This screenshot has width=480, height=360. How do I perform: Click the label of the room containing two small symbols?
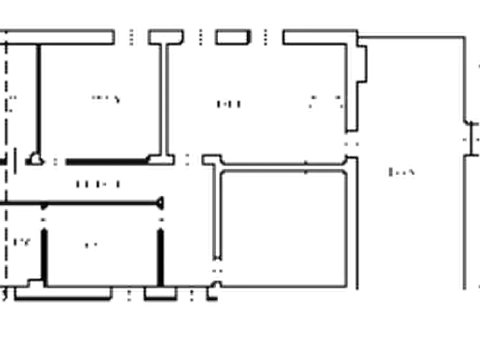point(231,104)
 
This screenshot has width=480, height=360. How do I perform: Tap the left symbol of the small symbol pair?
point(311,103)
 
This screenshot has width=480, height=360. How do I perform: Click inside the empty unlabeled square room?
point(282,231)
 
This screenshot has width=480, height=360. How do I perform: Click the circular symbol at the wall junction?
point(37,160)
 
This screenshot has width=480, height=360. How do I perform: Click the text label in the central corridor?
point(97,184)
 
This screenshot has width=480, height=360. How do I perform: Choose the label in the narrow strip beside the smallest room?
point(23,243)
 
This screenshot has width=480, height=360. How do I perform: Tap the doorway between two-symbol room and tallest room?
point(353,144)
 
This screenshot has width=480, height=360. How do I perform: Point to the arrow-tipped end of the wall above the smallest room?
point(160,201)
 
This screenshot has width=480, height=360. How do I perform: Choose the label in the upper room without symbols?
point(105,99)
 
